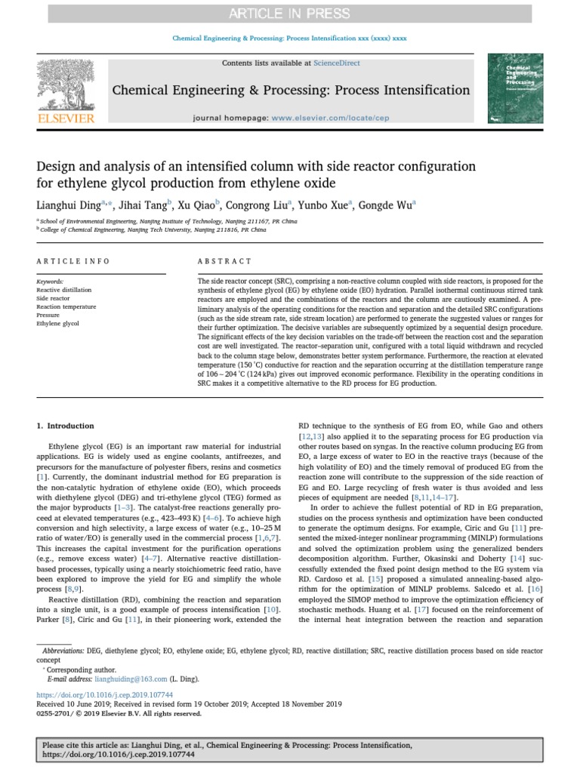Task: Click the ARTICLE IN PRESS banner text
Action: point(290,13)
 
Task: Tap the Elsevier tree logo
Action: point(66,83)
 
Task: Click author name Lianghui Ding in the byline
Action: point(67,204)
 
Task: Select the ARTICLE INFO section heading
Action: point(73,261)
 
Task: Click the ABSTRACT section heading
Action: point(224,261)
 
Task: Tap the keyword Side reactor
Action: point(53,298)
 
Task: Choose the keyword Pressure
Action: point(48,315)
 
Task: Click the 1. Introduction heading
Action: point(66,426)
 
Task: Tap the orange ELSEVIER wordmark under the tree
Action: point(66,119)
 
